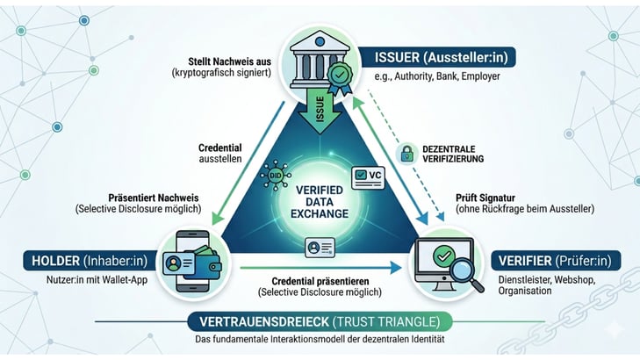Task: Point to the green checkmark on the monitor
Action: tap(443, 256)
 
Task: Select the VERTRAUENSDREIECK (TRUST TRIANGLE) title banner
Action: tap(320, 320)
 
